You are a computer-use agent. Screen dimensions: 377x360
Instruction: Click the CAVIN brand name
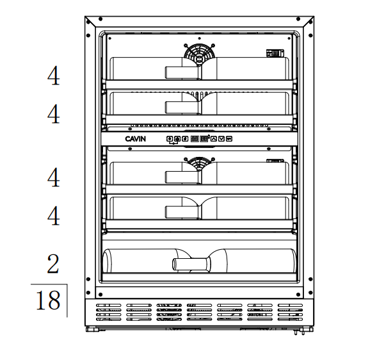[135, 139]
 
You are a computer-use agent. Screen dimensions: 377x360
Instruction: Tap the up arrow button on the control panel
[214, 139]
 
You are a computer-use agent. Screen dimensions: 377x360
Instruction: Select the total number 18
[48, 300]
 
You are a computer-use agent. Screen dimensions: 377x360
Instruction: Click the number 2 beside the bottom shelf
[53, 264]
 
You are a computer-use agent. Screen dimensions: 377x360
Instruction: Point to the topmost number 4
[53, 76]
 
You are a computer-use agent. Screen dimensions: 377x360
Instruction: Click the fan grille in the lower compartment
[199, 163]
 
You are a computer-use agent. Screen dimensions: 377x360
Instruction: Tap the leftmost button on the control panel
[170, 139]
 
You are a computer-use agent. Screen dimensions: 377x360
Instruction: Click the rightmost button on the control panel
[229, 139]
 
